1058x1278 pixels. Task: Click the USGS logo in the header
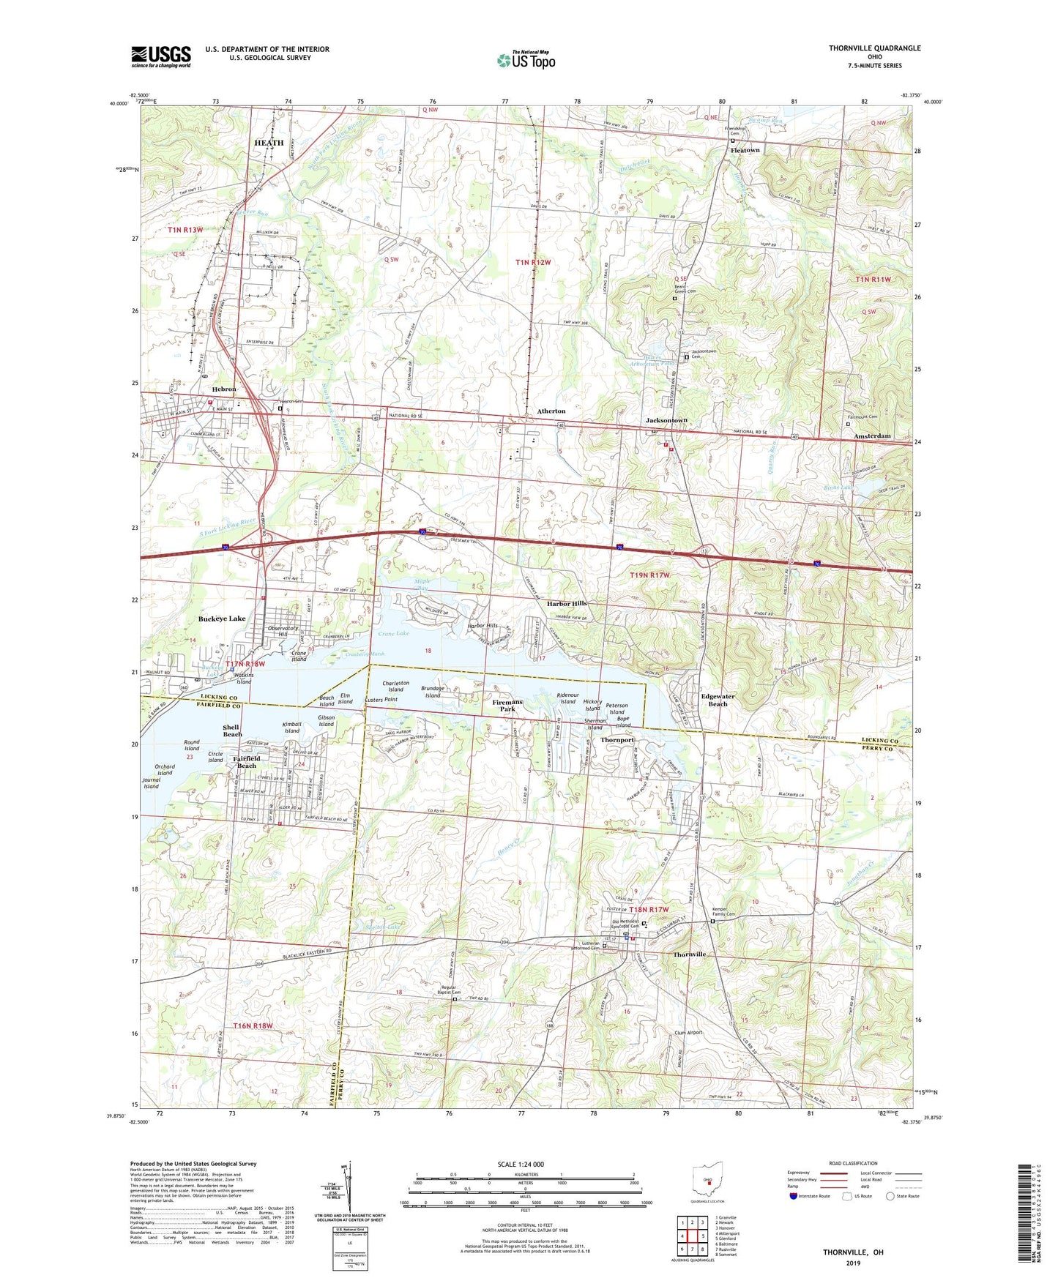coord(161,56)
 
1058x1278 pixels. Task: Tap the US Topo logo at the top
coord(526,60)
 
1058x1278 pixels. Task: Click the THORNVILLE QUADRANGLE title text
coord(874,48)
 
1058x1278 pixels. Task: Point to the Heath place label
coord(269,143)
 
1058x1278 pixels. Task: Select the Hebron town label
coord(224,389)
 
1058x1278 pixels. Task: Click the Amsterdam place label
coord(872,436)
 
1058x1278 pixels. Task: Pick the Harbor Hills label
coord(567,604)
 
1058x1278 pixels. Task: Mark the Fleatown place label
coord(745,150)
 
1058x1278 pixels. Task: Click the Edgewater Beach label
coord(718,700)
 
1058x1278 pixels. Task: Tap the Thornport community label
coord(617,740)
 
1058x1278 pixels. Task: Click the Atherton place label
coord(551,411)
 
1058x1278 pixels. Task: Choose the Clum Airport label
coord(688,1033)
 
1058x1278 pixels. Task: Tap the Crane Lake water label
coord(393,633)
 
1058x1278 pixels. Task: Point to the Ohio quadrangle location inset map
coord(708,1178)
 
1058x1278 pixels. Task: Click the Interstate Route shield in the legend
coord(794,1196)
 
